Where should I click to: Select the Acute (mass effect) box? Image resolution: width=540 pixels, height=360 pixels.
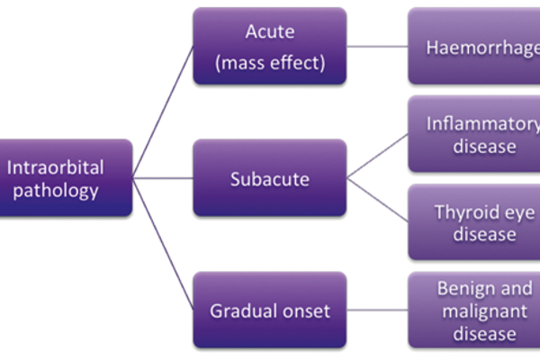pos(270,46)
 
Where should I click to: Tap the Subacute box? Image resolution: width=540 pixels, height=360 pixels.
pos(270,178)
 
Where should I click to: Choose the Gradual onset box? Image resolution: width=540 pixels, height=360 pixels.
pos(270,310)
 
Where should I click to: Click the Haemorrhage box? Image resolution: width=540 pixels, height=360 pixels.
pos(474,46)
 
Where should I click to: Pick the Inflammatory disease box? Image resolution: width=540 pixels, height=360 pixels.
pos(474,134)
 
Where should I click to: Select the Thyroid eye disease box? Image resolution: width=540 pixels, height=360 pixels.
pos(474,222)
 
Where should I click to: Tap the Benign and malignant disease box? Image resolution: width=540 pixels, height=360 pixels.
pos(474,310)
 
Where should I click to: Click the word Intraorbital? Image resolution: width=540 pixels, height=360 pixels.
pos(55,166)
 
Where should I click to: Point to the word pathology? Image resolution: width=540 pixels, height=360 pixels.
pos(55,190)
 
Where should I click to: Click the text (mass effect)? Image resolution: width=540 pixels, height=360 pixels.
pos(270,63)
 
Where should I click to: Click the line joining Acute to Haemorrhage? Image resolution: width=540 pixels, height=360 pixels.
pos(378,46)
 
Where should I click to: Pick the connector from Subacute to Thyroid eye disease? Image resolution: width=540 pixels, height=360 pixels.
pos(378,200)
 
